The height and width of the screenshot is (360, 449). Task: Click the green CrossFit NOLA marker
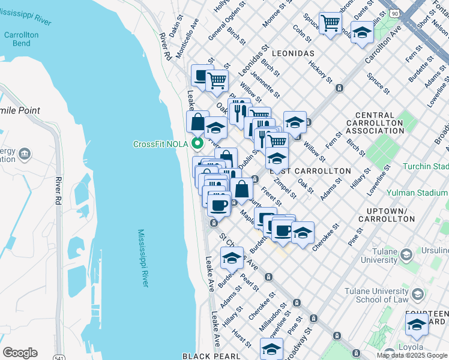(x=196, y=144)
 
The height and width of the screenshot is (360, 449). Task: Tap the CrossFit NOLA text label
(x=160, y=144)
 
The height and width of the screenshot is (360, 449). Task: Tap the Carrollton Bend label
(x=22, y=39)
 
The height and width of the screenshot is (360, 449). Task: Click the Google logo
(x=20, y=352)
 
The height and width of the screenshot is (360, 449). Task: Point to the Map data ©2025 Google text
(x=412, y=355)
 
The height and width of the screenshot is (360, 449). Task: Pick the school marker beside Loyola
(x=417, y=325)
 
